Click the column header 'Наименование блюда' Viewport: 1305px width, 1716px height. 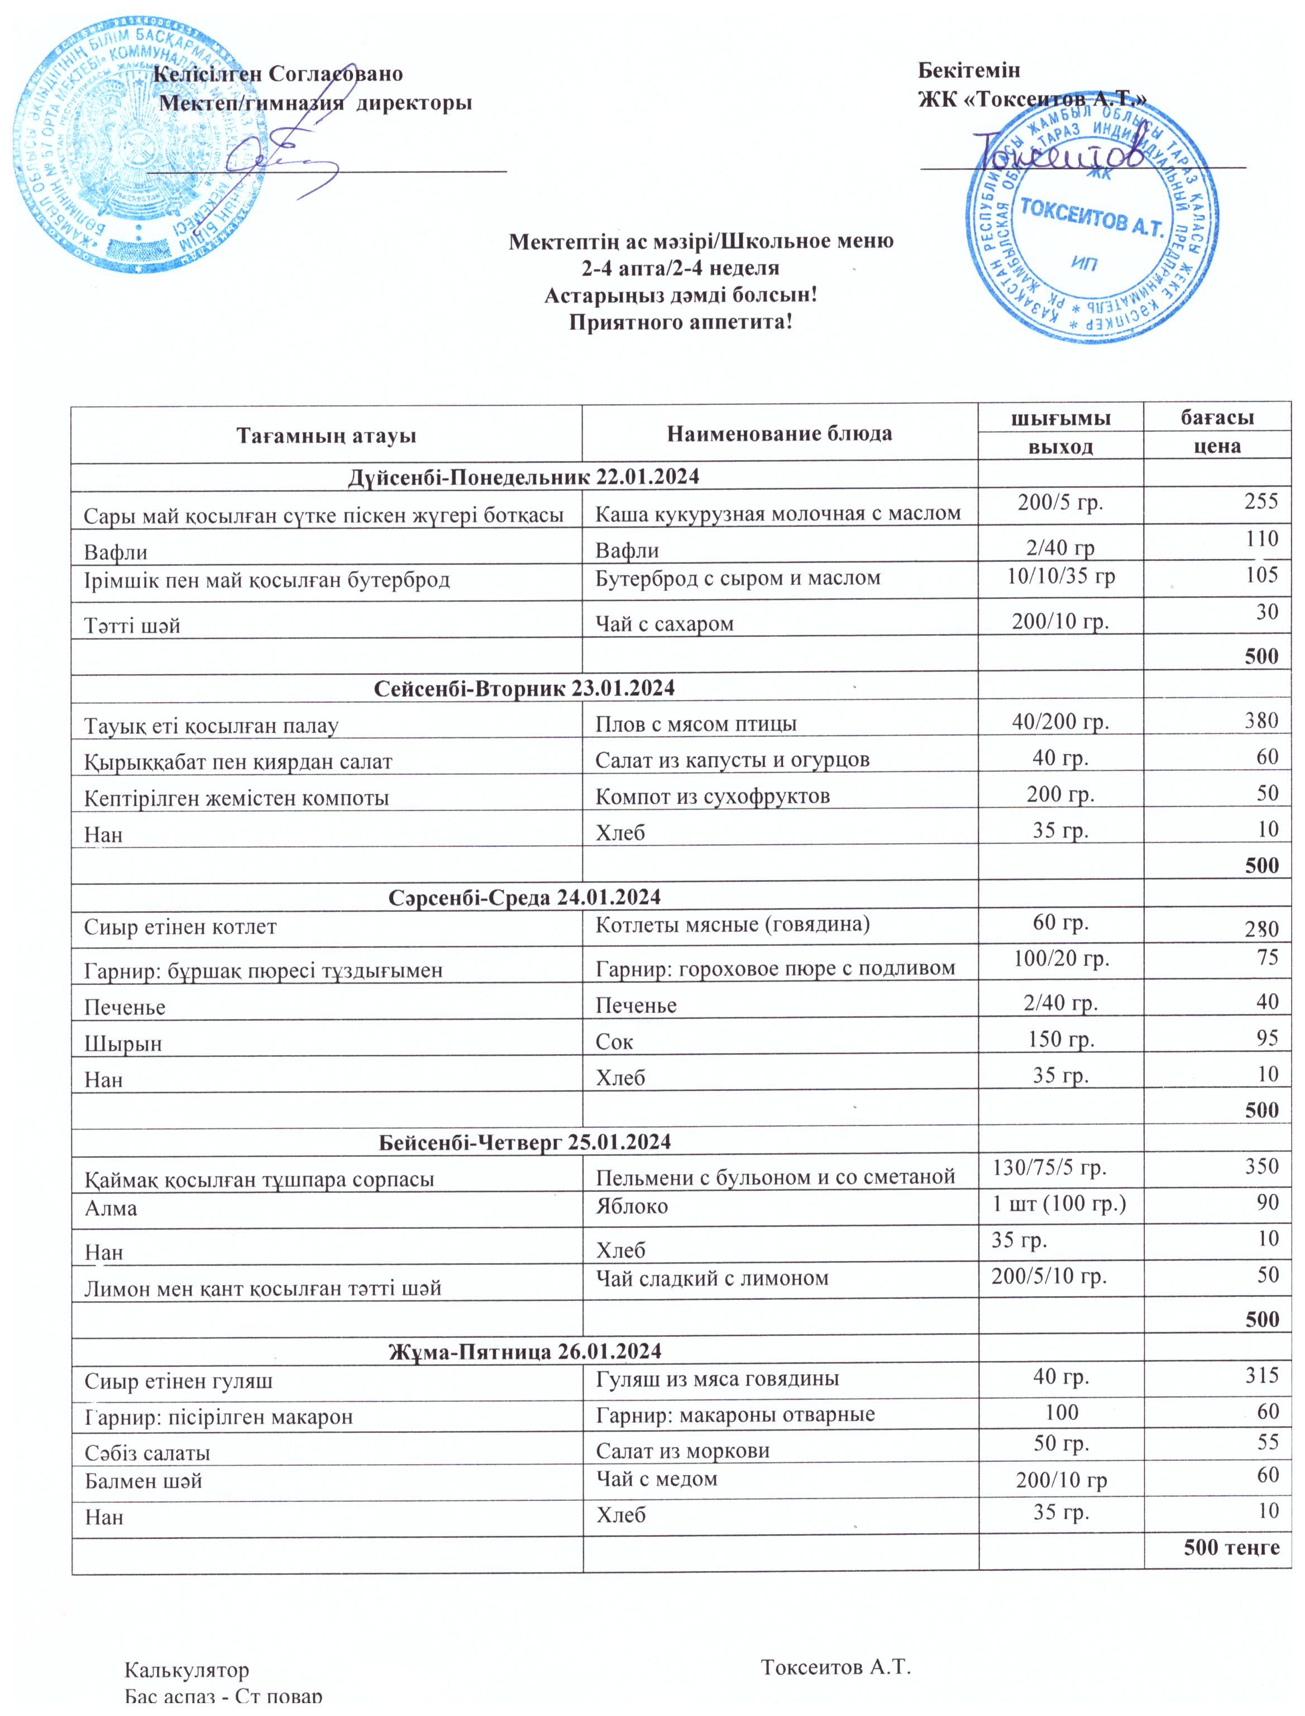point(779,433)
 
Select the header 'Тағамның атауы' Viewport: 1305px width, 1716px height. point(326,434)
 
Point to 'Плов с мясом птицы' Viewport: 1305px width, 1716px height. point(695,724)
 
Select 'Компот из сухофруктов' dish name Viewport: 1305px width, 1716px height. point(713,796)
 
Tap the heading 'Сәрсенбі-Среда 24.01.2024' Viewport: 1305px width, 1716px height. point(524,897)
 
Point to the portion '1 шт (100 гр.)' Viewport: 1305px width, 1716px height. point(1059,1203)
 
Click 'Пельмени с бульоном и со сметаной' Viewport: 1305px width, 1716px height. point(775,1177)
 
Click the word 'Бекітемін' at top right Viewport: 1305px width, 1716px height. point(969,71)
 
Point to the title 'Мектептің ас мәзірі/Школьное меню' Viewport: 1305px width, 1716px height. point(701,241)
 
